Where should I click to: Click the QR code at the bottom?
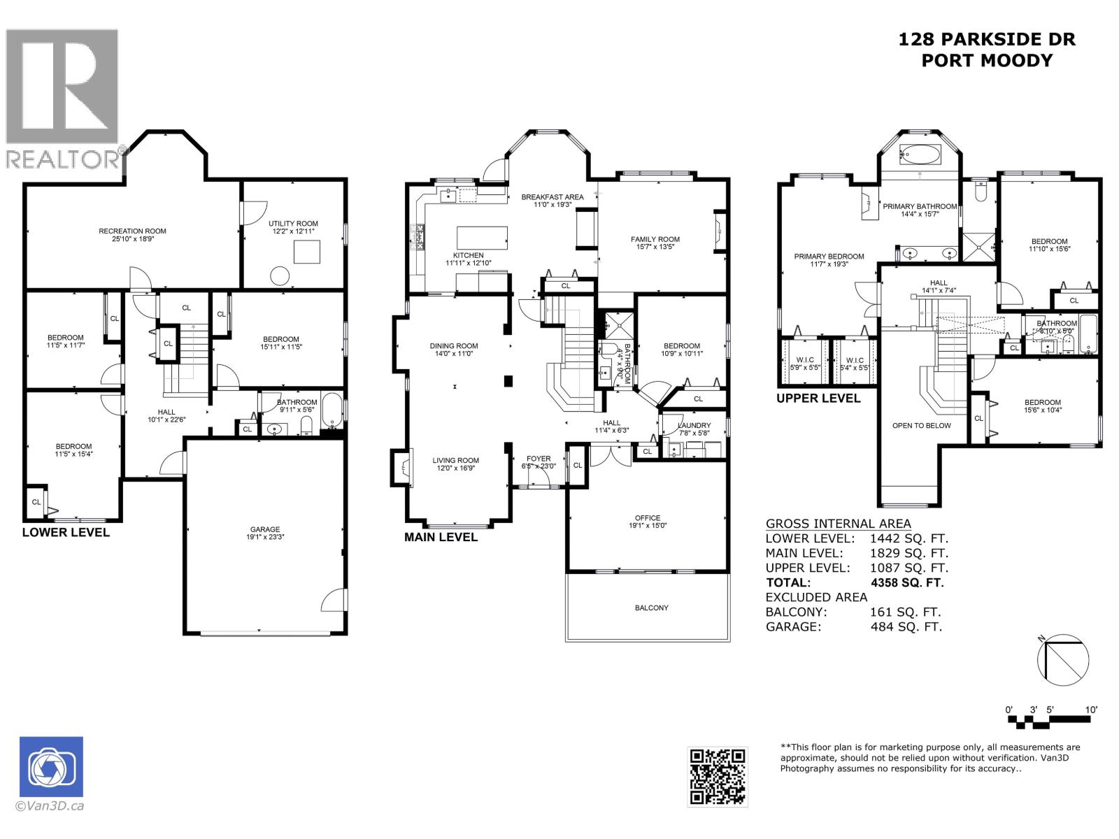click(718, 777)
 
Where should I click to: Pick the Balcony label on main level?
click(651, 608)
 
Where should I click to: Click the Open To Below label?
click(921, 425)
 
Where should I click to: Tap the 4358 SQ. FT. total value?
click(907, 582)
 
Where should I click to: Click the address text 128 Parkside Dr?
click(987, 40)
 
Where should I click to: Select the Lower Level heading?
click(66, 532)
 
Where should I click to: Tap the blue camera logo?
click(51, 767)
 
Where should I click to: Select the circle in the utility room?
click(280, 276)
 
